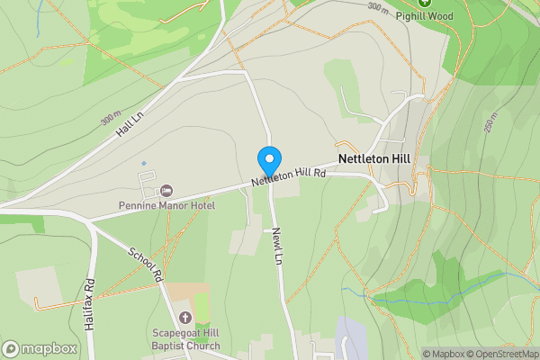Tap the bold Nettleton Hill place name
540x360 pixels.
coord(373,157)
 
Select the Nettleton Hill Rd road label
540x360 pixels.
coord(288,177)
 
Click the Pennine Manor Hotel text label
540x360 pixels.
coord(166,205)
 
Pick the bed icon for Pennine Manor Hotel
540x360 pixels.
coord(166,190)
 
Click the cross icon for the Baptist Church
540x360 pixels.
coord(184,317)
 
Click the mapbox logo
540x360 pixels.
coord(39,348)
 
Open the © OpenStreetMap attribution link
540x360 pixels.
coord(503,354)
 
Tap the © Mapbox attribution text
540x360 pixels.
coord(445,354)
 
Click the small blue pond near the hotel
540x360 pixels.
coord(143,163)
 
